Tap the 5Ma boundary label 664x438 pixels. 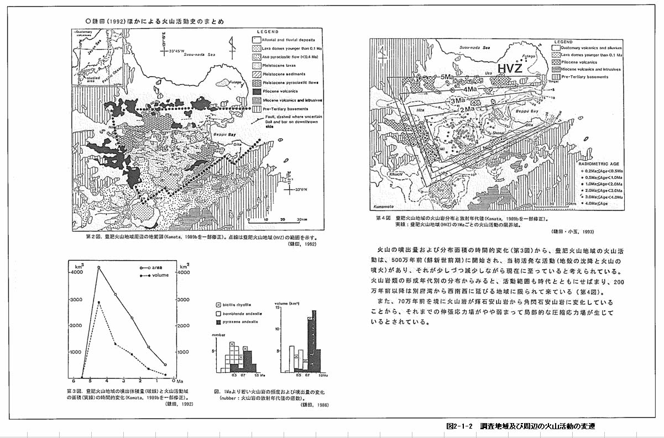coord(447,76)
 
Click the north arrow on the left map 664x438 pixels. coord(232,45)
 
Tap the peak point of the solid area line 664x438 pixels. coord(99,267)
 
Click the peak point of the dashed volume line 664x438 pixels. coord(99,302)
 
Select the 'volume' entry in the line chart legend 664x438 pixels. coord(156,274)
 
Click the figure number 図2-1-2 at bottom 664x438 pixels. coord(460,426)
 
